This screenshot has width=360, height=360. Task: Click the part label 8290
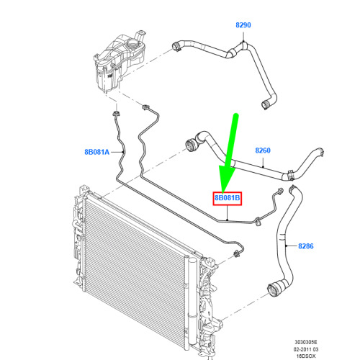[243, 25]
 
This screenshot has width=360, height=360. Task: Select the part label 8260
[263, 150]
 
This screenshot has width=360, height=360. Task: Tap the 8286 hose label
[306, 246]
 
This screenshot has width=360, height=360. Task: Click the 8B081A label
[97, 152]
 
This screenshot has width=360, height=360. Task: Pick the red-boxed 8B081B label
[228, 198]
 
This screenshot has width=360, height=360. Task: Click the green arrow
[230, 153]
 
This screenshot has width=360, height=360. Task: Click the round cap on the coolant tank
[132, 44]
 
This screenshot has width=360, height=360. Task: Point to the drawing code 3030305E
[306, 342]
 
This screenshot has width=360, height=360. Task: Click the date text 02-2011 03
[306, 349]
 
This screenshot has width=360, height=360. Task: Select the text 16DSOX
[306, 356]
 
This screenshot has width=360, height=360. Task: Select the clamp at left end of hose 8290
[176, 46]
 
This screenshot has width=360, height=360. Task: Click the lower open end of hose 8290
[265, 105]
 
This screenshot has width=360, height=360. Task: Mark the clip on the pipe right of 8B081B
[258, 222]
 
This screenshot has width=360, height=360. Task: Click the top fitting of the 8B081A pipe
[117, 114]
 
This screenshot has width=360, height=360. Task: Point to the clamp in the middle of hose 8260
[290, 176]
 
